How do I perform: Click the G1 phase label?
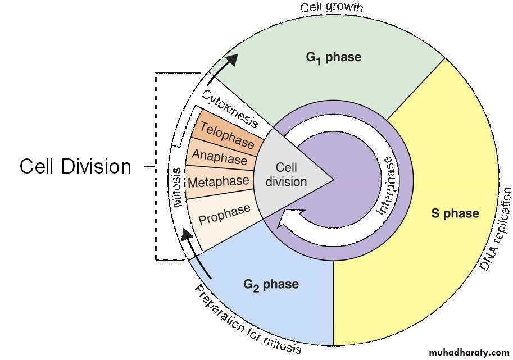(333, 57)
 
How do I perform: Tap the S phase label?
(455, 213)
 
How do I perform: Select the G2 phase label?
(271, 284)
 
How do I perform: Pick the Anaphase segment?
(220, 159)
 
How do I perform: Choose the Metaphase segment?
(218, 182)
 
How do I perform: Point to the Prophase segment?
(224, 214)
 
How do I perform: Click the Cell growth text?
(332, 8)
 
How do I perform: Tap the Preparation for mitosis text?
(248, 320)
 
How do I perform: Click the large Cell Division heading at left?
(75, 166)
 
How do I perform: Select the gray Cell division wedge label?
(287, 175)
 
